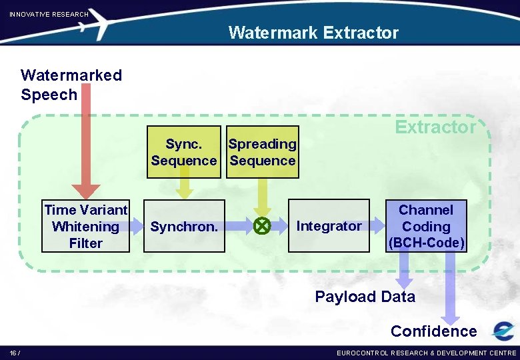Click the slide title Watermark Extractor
[313, 33]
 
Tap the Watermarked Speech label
[71, 85]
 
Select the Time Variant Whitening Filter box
[85, 227]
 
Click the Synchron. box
[184, 227]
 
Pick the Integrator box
[329, 226]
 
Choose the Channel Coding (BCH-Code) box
[426, 227]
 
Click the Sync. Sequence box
[184, 152]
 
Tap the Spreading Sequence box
[263, 152]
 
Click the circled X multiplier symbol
[261, 227]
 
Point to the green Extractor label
[435, 127]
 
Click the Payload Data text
[365, 297]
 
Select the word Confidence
[433, 331]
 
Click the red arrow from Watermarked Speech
[85, 147]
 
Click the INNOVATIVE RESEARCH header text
[49, 14]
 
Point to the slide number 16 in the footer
[14, 353]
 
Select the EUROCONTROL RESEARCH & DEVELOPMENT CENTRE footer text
[427, 353]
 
